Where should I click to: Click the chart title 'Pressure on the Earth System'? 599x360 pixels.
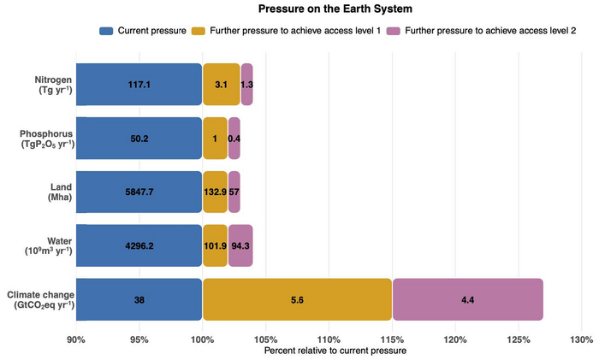coord(335,9)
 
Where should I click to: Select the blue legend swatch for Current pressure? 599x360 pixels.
coord(106,31)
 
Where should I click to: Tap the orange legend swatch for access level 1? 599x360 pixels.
coord(199,31)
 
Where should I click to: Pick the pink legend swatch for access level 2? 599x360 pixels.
coord(394,31)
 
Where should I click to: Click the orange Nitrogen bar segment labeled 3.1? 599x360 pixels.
coord(222,85)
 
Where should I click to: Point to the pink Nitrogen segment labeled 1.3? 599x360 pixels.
coord(246,85)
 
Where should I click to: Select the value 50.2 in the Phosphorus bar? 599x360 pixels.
coord(139,139)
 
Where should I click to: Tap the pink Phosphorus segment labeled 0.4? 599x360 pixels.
coord(234,139)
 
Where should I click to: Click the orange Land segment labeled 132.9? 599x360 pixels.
coord(215,192)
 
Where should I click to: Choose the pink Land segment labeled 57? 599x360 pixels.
coord(234,192)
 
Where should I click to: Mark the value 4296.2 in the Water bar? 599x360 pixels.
coord(139,246)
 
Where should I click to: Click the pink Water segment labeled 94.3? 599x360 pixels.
coord(240,245)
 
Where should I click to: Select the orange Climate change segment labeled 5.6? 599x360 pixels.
coord(297,299)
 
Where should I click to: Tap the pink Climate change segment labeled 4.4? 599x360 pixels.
coord(468,299)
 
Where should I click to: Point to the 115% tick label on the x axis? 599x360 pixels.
coord(392,339)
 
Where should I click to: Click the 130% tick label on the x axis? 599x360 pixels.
coord(582,339)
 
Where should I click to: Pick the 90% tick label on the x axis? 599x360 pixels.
coord(76,339)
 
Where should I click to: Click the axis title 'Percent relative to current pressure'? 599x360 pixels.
coord(335,351)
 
